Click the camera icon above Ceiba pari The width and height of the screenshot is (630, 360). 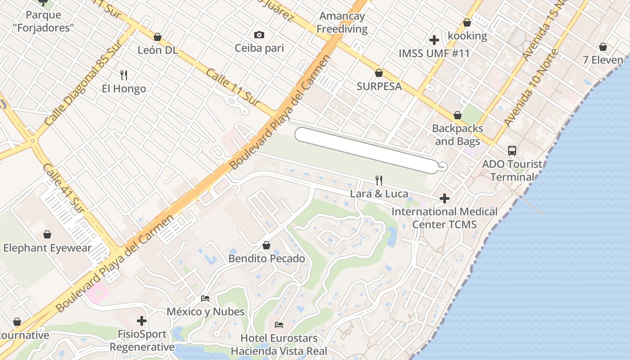pyautogui.click(x=259, y=35)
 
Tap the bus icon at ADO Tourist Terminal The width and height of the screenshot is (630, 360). pyautogui.click(x=512, y=151)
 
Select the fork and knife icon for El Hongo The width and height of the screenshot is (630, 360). pyautogui.click(x=124, y=75)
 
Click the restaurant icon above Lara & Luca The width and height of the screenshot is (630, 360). pyautogui.click(x=379, y=180)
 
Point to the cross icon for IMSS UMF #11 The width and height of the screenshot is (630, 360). pyautogui.click(x=434, y=40)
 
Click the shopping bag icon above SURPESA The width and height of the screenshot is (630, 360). pyautogui.click(x=379, y=73)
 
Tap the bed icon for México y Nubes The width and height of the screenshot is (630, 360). pyautogui.click(x=205, y=298)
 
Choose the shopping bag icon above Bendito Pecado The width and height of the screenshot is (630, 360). pyautogui.click(x=266, y=245)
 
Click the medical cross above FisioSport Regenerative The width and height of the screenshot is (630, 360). pyautogui.click(x=142, y=321)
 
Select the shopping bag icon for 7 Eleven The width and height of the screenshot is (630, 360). pyautogui.click(x=603, y=47)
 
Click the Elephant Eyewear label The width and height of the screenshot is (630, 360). pyautogui.click(x=47, y=248)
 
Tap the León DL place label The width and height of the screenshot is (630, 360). pyautogui.click(x=157, y=50)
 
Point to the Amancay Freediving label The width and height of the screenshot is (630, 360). pyautogui.click(x=342, y=22)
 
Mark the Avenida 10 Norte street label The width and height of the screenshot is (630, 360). pyautogui.click(x=531, y=88)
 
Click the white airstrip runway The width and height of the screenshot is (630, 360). pyautogui.click(x=367, y=150)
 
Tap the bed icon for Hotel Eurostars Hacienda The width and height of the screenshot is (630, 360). pyautogui.click(x=279, y=324)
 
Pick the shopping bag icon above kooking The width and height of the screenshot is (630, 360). pyautogui.click(x=467, y=22)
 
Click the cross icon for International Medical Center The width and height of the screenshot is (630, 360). pyautogui.click(x=445, y=198)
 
